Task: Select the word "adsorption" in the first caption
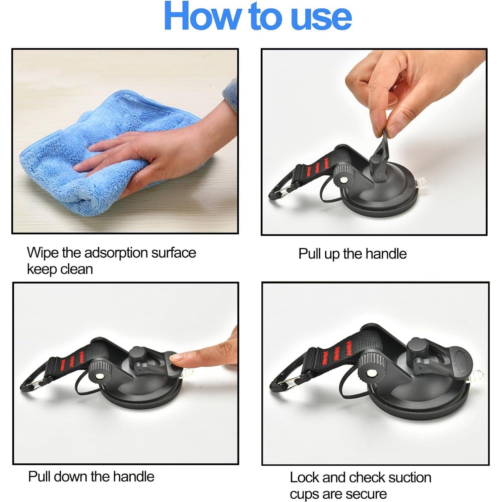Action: pyautogui.click(x=116, y=253)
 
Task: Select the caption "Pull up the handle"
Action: pyautogui.click(x=352, y=254)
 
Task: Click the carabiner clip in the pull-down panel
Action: pyautogui.click(x=32, y=385)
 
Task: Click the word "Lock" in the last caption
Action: pyautogui.click(x=304, y=478)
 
